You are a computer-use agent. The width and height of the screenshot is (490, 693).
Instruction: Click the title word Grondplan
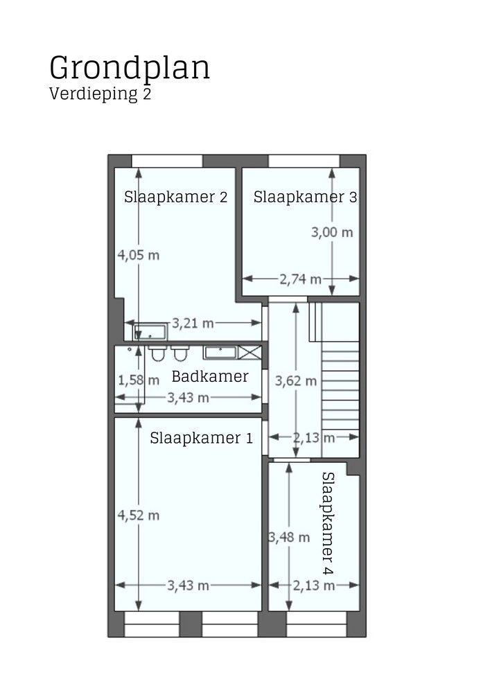click(x=130, y=69)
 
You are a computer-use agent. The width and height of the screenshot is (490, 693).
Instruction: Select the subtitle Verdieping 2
click(x=100, y=95)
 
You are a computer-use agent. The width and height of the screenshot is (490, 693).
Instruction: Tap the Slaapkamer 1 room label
click(x=201, y=438)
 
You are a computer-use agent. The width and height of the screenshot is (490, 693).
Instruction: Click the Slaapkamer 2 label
click(x=176, y=197)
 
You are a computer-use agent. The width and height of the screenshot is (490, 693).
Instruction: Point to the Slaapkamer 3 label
click(x=305, y=197)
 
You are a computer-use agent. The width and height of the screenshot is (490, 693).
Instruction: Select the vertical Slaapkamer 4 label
click(x=328, y=523)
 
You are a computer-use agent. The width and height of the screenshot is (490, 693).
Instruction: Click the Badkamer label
click(x=210, y=377)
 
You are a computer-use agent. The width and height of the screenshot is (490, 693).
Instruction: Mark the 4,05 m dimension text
click(x=139, y=255)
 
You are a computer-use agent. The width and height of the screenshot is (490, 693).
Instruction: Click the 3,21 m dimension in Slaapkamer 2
click(x=193, y=323)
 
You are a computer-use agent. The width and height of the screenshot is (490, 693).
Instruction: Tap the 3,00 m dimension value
click(x=332, y=232)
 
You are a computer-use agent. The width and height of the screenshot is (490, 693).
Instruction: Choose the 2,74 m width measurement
click(x=300, y=279)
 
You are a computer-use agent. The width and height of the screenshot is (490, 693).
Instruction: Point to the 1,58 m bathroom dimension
click(x=139, y=380)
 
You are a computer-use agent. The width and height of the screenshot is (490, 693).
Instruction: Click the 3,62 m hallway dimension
click(x=296, y=380)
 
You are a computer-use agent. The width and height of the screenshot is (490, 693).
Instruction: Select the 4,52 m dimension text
click(x=139, y=515)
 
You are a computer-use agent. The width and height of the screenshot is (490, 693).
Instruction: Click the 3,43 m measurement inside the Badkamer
click(x=188, y=398)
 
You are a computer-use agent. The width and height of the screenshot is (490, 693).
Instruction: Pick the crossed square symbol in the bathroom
click(x=250, y=352)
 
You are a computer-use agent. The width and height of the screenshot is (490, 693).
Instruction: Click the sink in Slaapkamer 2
click(x=150, y=331)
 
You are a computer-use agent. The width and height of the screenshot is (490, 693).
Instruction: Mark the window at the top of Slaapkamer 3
click(x=304, y=161)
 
